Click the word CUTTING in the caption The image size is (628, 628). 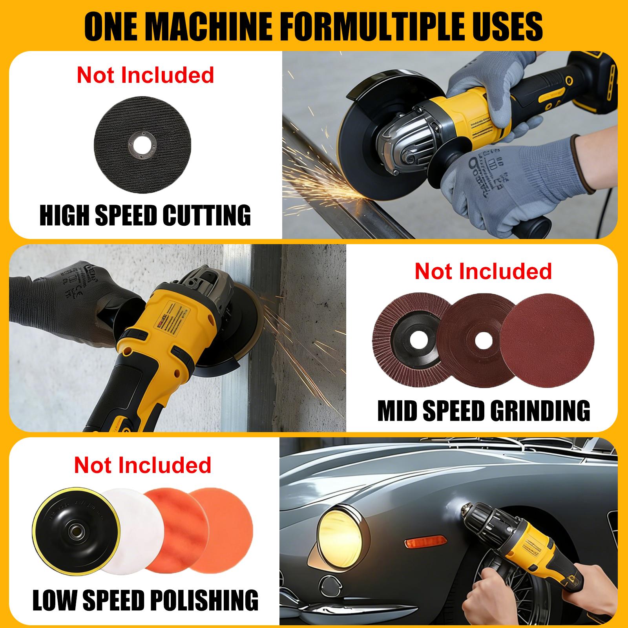pyautogui.click(x=206, y=215)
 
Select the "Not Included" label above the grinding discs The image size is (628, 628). pyautogui.click(x=483, y=271)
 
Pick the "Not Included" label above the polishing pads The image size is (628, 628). pyautogui.click(x=142, y=465)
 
